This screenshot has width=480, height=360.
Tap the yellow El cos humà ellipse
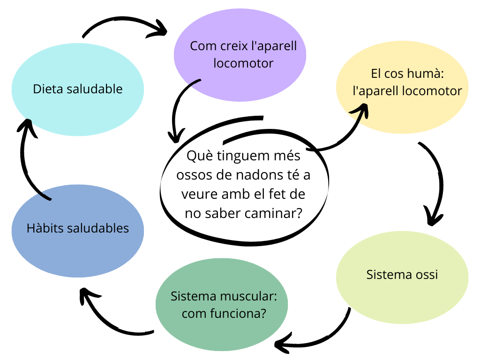click(x=402, y=112)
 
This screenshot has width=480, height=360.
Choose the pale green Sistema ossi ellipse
click(x=402, y=295)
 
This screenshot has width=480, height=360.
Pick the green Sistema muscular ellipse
click(x=221, y=328)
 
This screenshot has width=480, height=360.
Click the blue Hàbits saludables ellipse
click(x=77, y=253)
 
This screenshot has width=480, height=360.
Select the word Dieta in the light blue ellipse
click(x=47, y=89)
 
